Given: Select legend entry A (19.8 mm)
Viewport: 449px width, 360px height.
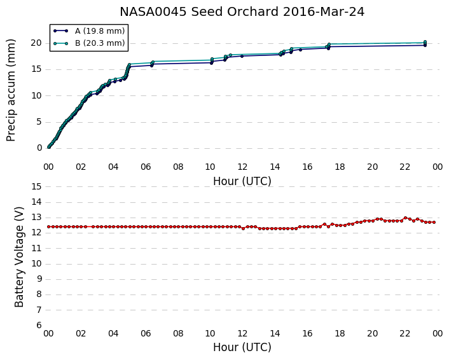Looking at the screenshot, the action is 100,31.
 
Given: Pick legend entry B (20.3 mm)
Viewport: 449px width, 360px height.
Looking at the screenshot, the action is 100,43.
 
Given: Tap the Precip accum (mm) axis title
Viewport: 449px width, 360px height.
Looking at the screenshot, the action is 11,90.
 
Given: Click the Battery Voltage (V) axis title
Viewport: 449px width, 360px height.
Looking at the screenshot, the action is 19,257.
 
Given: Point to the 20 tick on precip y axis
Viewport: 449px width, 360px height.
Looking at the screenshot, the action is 36,43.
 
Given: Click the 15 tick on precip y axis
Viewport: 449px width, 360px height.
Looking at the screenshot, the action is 36,69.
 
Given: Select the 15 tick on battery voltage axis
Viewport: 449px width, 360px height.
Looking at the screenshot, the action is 36,187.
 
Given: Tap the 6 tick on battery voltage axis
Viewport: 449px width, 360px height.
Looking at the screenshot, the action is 39,326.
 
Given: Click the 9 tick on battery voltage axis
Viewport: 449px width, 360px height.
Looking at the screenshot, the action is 39,279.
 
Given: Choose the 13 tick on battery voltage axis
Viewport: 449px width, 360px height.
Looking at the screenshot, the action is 36,218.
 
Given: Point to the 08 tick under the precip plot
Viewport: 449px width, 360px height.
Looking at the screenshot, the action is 178,167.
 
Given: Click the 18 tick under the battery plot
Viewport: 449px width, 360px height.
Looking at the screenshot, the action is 340,334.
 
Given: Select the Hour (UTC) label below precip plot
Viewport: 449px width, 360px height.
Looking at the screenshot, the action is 242,181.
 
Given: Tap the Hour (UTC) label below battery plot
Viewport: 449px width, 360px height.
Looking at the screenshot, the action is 242,347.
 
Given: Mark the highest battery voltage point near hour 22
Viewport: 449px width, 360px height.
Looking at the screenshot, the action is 405,218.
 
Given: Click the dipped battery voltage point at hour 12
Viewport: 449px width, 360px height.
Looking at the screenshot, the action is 244,228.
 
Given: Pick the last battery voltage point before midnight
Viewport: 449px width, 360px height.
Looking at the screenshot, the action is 434,222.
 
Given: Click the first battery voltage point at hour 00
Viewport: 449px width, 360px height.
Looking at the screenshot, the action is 49,227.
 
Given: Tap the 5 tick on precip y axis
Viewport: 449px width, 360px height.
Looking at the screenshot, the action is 39,122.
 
